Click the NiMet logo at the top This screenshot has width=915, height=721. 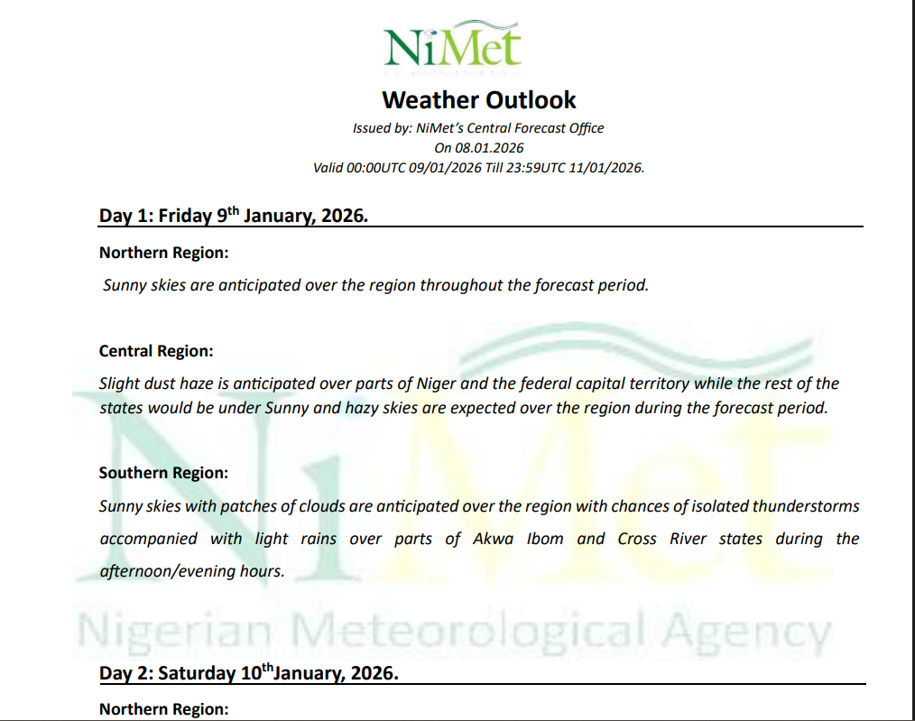(x=451, y=44)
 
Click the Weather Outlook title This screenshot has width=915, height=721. (x=478, y=99)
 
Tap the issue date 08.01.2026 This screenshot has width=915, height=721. (x=491, y=148)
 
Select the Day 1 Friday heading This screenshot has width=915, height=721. (x=233, y=216)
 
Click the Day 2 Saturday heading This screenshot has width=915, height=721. (x=248, y=673)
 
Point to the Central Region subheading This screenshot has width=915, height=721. (x=156, y=351)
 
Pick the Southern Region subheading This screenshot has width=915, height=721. (x=163, y=473)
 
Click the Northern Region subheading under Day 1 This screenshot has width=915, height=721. (x=163, y=253)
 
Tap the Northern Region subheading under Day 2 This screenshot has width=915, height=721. (x=163, y=709)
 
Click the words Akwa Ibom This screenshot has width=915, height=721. (x=518, y=539)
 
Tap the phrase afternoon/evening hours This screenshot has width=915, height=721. (x=192, y=571)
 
